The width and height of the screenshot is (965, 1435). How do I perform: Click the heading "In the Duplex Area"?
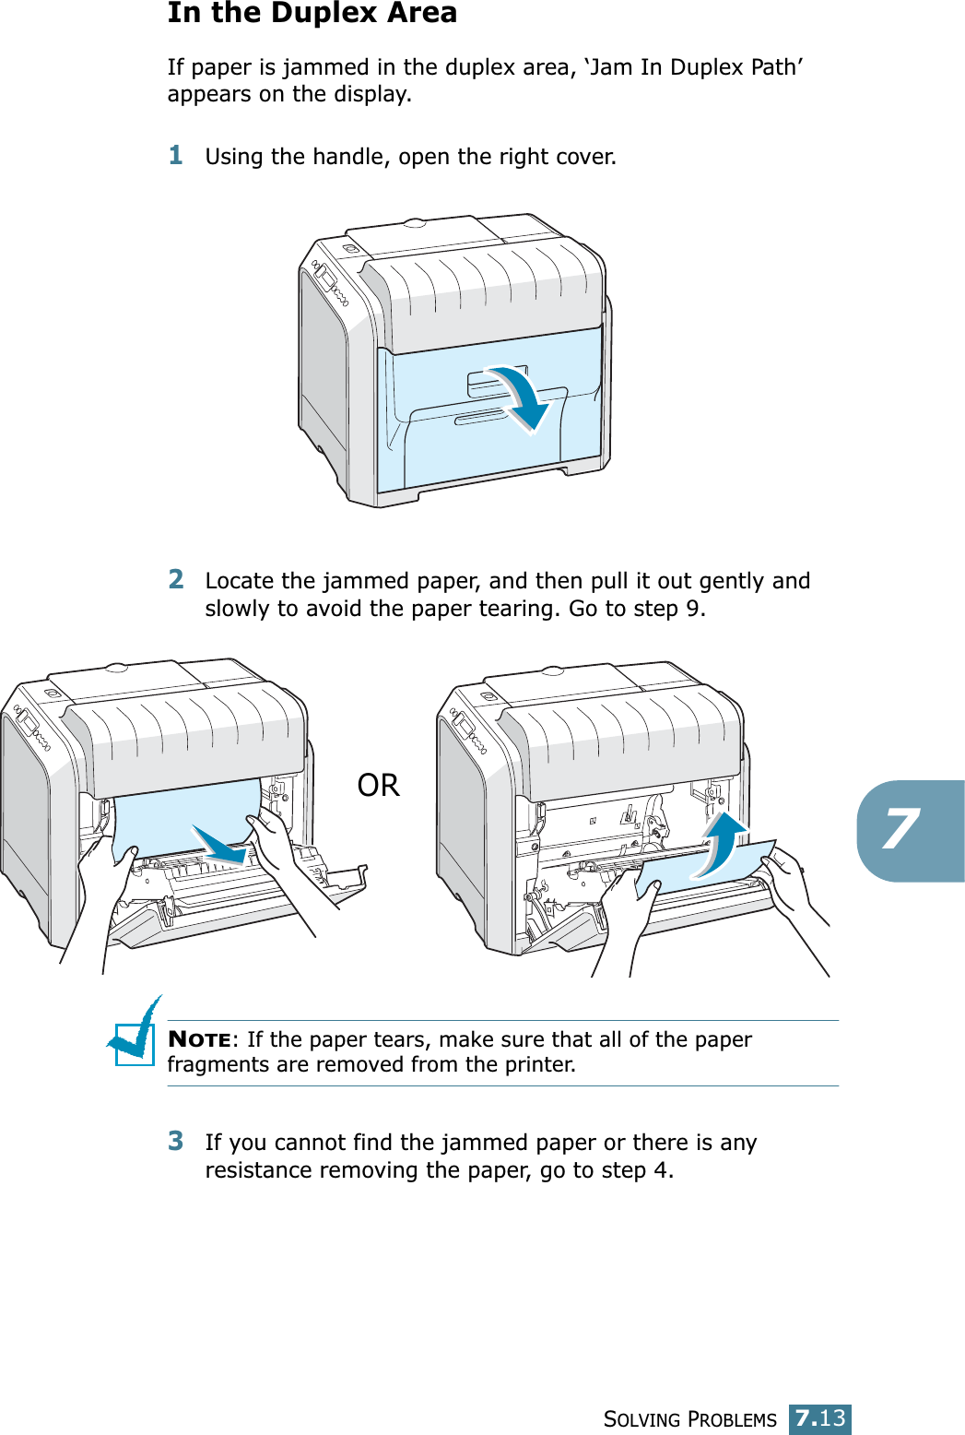tap(312, 14)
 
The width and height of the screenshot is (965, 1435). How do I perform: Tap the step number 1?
tap(176, 155)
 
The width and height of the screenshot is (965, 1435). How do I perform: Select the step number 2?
tap(176, 579)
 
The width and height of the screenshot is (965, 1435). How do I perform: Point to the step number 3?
tap(176, 1141)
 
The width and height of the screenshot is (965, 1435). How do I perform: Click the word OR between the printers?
tap(378, 786)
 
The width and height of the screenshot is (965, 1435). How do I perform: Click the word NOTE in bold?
tap(199, 1039)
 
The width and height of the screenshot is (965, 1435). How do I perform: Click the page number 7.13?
tap(820, 1418)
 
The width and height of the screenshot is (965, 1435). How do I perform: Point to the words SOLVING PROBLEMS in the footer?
tap(689, 1420)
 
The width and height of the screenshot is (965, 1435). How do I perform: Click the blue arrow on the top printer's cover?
tap(516, 397)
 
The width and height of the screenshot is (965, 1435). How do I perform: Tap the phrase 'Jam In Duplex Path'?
tap(693, 67)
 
